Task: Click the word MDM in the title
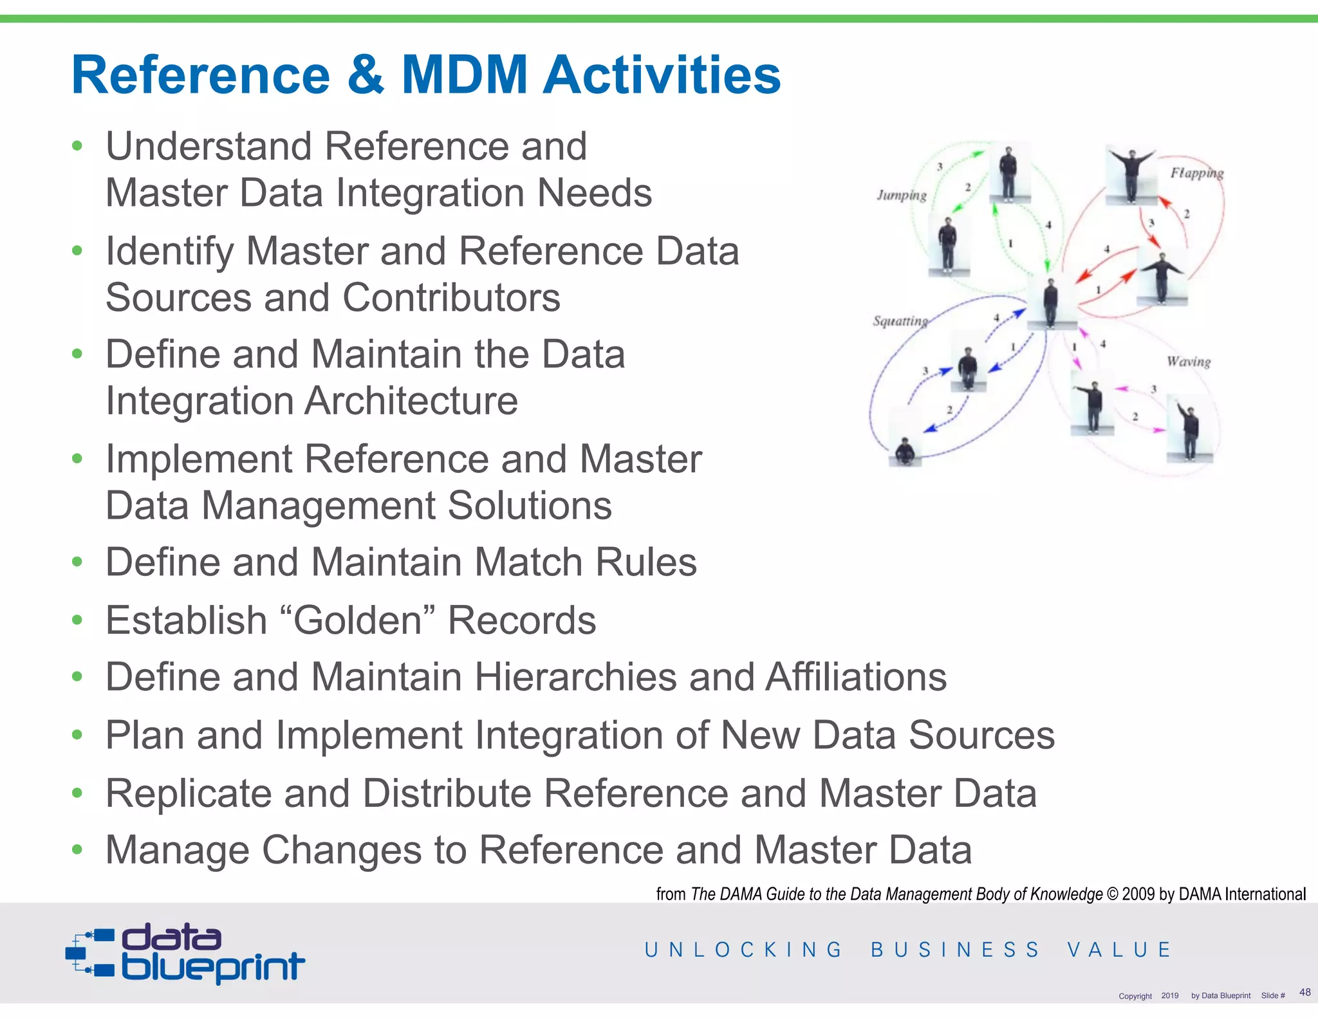pyautogui.click(x=464, y=75)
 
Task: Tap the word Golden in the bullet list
pyautogui.click(x=364, y=620)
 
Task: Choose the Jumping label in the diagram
pyautogui.click(x=901, y=195)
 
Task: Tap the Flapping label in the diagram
pyautogui.click(x=1196, y=172)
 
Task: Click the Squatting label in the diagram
pyautogui.click(x=900, y=320)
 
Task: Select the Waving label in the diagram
pyautogui.click(x=1188, y=362)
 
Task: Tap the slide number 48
pyautogui.click(x=1304, y=992)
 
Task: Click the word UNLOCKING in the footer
pyautogui.click(x=743, y=950)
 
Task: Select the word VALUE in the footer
pyautogui.click(x=1119, y=950)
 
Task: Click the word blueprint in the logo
pyautogui.click(x=212, y=966)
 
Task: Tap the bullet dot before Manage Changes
pyautogui.click(x=77, y=850)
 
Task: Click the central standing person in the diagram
pyautogui.click(x=1050, y=302)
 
